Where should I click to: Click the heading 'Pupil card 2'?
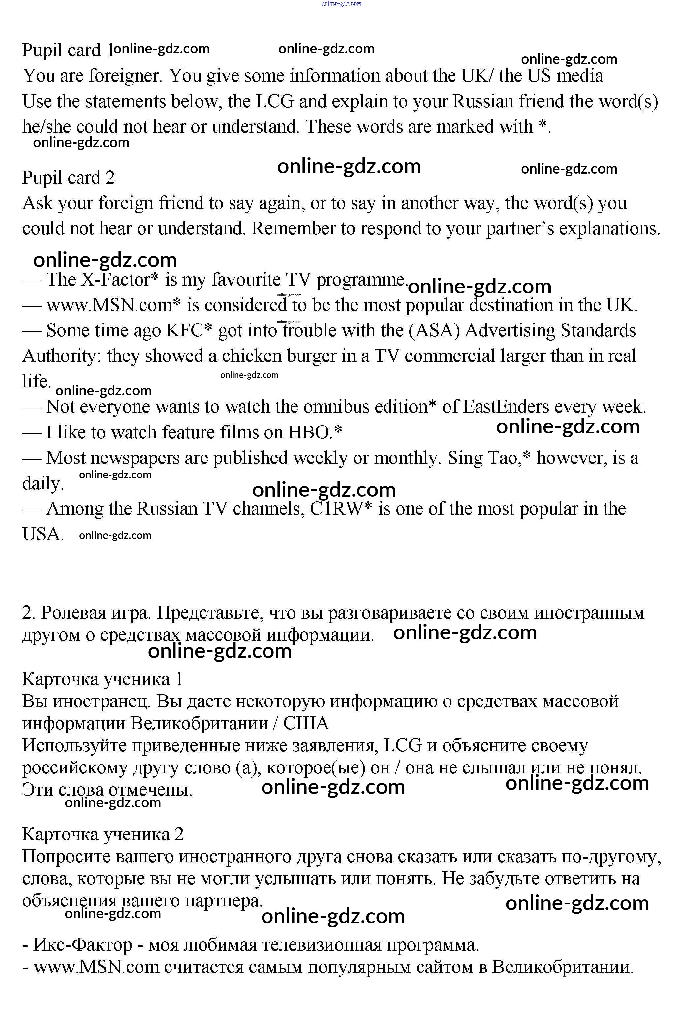[68, 178]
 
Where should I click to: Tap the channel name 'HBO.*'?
[315, 432]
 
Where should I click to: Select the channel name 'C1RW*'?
[341, 509]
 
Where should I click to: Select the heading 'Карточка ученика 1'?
[102, 679]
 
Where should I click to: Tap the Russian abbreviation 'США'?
[306, 724]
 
